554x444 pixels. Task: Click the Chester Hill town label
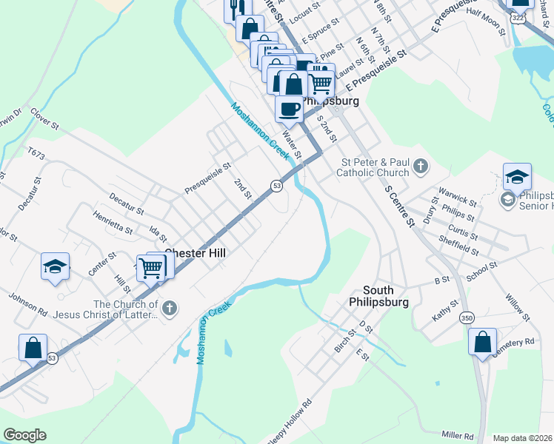point(195,252)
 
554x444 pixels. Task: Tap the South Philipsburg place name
point(381,296)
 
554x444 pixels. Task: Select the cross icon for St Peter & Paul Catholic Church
point(421,166)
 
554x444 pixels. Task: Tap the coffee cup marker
point(289,108)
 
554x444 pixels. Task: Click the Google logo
point(24,435)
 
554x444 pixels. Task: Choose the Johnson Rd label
point(27,303)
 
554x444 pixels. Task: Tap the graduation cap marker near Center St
point(55,266)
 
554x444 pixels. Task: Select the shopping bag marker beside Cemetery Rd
point(482,343)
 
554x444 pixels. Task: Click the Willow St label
point(518,307)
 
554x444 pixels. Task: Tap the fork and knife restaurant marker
point(236,9)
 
